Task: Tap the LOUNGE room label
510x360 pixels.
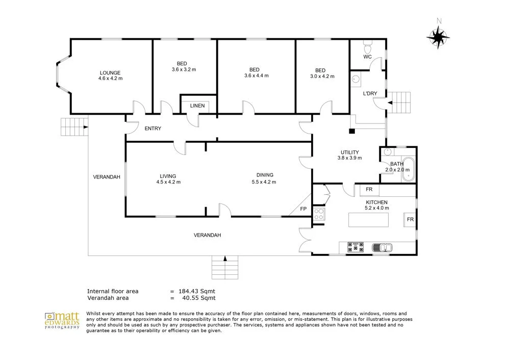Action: click(x=110, y=72)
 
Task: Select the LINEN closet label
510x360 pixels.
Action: click(x=197, y=106)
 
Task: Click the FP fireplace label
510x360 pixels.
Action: click(x=303, y=209)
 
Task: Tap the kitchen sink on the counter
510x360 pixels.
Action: click(x=381, y=248)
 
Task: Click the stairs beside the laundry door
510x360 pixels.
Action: click(x=401, y=103)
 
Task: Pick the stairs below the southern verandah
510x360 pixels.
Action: click(x=224, y=266)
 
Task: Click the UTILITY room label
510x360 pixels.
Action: click(x=349, y=152)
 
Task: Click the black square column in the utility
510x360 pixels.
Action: click(x=352, y=131)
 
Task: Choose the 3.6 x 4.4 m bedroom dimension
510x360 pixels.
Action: click(x=256, y=75)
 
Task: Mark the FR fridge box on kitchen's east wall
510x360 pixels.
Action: click(x=410, y=220)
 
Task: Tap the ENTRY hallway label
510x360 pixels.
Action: click(x=153, y=128)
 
